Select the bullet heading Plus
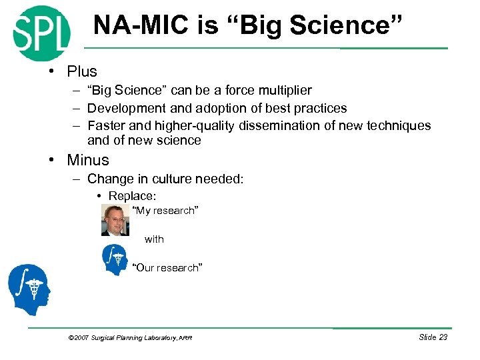tap(81, 71)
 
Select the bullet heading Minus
tap(87, 160)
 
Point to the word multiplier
tap(278, 90)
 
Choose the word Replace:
tap(132, 196)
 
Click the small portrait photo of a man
tap(115, 220)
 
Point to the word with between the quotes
tap(154, 239)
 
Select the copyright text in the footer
tap(130, 338)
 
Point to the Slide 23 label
tap(433, 337)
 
